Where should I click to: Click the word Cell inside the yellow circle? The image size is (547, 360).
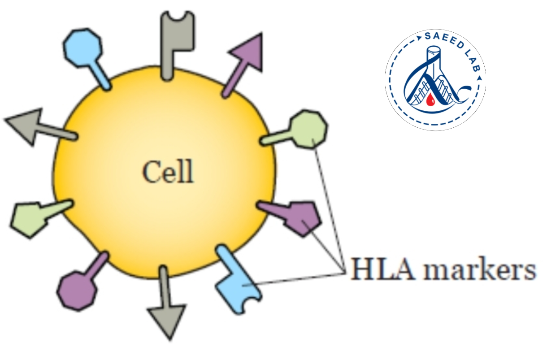click(x=168, y=171)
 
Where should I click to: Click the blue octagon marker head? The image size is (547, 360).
click(x=82, y=48)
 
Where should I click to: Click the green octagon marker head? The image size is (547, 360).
click(x=308, y=129)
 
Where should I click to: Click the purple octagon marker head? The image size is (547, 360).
click(x=77, y=291)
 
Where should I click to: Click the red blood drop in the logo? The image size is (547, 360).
click(x=430, y=100)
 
